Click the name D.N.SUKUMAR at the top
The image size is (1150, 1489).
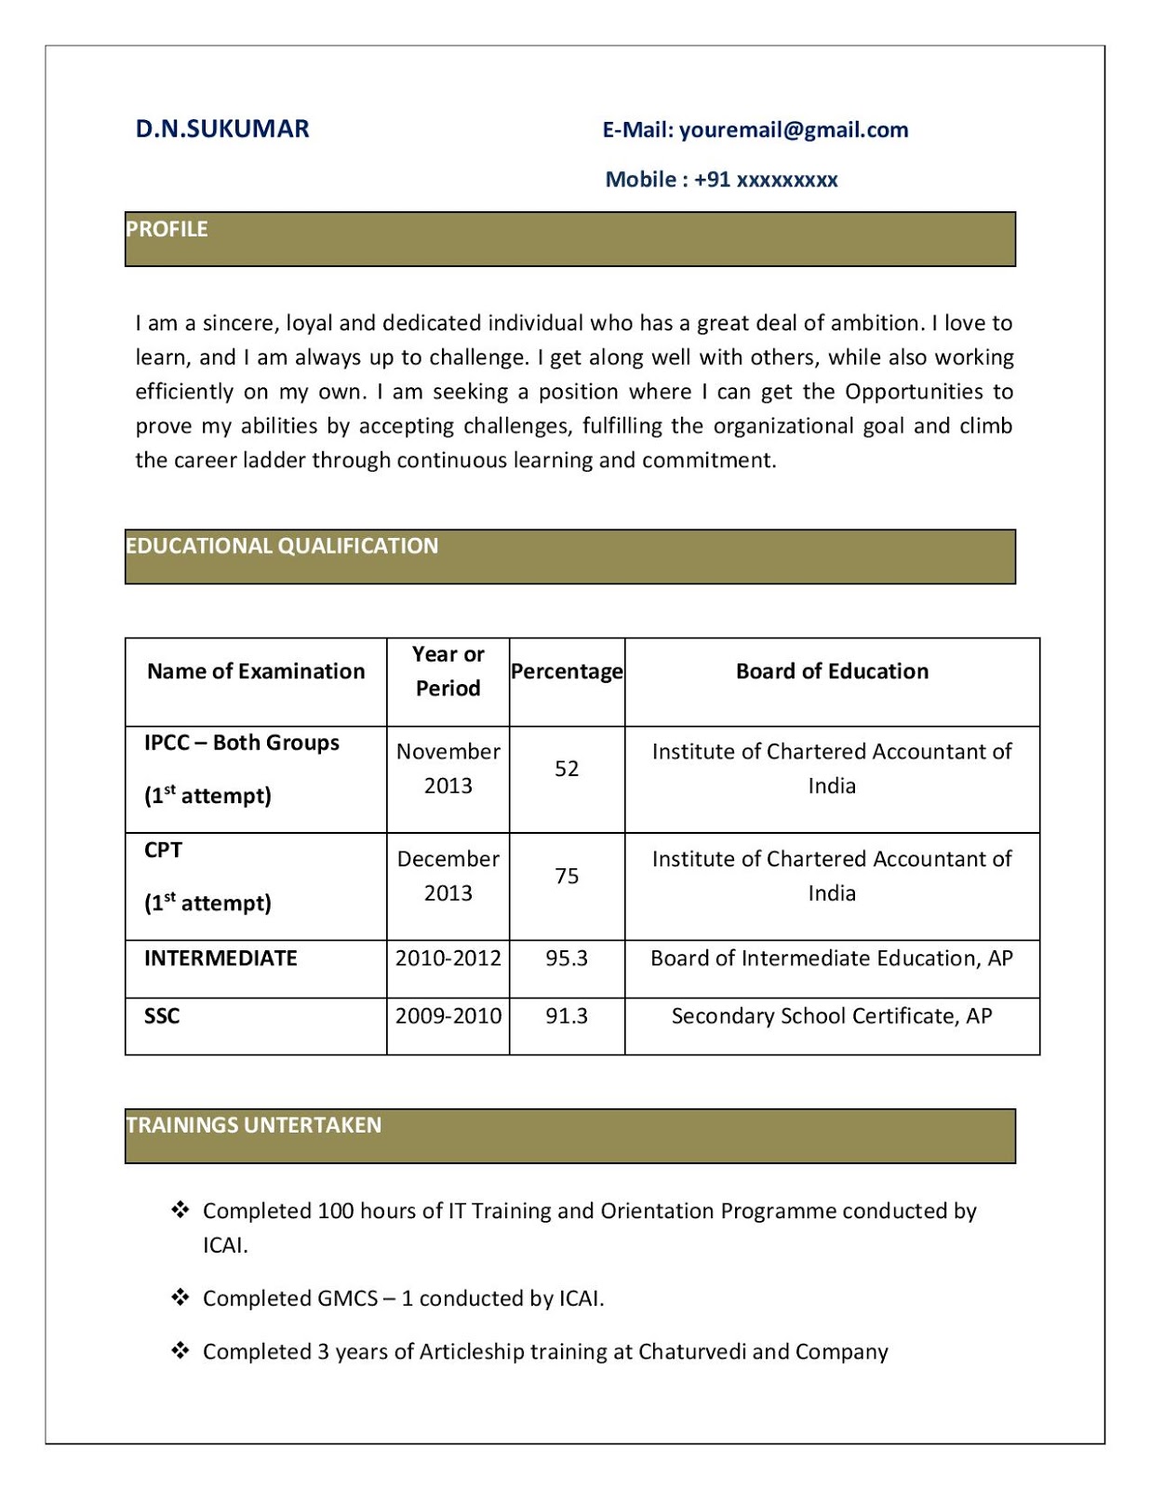222,129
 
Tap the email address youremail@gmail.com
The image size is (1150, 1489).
794,130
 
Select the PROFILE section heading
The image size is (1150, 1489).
167,229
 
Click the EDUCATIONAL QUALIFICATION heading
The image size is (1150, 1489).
282,546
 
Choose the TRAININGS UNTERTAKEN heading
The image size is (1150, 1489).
254,1125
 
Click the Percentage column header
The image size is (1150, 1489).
567,672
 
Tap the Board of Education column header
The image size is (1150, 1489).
832,672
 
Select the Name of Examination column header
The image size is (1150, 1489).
256,672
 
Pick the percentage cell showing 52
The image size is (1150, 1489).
567,769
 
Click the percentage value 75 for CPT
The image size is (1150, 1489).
567,877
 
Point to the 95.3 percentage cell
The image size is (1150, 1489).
567,959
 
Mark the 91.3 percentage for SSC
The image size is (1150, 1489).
567,1016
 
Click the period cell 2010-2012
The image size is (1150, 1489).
448,959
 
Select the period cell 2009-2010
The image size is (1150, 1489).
448,1016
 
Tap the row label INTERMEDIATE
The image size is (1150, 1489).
221,959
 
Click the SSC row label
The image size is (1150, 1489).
162,1016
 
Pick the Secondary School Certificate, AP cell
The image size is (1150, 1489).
832,1016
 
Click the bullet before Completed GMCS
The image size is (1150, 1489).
181,1297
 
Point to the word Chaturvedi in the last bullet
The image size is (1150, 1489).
692,1352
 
